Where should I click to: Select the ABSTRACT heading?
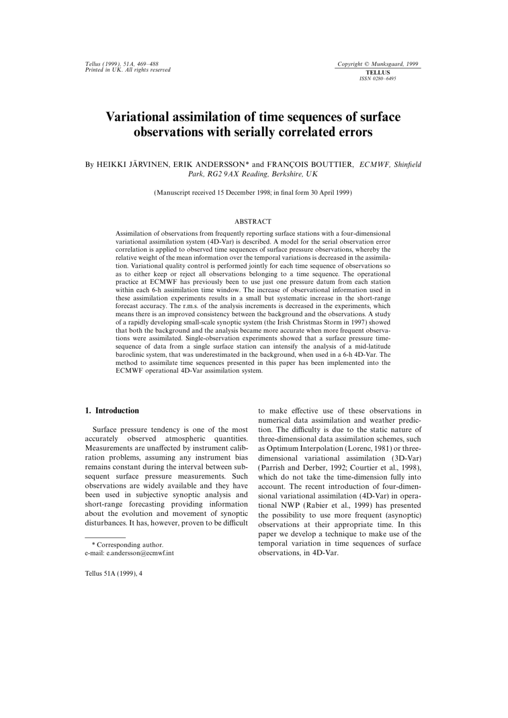[253, 222]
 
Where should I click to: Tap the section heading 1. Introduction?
[112, 410]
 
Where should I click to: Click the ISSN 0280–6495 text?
[378, 78]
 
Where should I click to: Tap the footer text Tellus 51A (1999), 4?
[113, 573]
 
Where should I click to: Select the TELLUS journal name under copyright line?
[378, 73]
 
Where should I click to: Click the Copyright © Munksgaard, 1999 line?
[378, 64]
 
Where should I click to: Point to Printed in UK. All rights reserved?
[128, 70]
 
